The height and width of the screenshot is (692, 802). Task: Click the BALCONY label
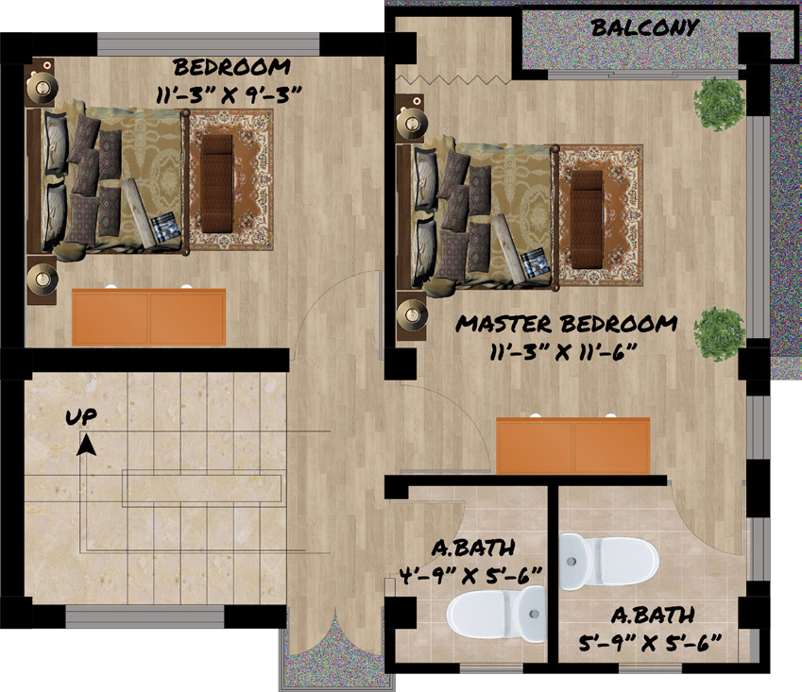[645, 27]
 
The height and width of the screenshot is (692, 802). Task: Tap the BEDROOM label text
[231, 68]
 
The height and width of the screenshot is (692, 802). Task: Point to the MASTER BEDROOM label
[567, 324]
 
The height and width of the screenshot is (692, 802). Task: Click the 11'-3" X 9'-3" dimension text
[231, 93]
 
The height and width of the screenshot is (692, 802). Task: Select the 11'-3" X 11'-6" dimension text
[567, 351]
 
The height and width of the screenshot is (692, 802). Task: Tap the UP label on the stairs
[80, 416]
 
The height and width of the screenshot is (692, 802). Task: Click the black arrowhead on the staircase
[86, 444]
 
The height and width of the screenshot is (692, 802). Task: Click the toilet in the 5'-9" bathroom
[608, 560]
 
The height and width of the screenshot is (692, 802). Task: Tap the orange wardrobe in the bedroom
[149, 317]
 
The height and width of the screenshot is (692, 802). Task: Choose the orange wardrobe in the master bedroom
[573, 447]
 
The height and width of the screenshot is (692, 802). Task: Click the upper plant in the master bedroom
[720, 102]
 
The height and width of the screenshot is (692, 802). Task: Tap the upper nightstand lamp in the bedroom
[43, 87]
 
